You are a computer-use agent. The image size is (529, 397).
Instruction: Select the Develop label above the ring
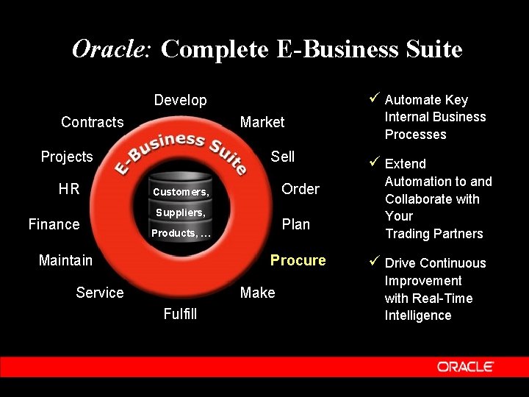point(180,100)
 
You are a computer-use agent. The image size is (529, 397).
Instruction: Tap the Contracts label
point(92,122)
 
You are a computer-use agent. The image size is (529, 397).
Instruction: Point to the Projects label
point(67,157)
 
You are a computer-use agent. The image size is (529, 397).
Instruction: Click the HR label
point(69,189)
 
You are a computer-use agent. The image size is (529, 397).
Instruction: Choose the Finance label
point(54,224)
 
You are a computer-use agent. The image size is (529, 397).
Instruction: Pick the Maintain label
point(65,260)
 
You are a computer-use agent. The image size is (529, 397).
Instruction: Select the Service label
point(100,293)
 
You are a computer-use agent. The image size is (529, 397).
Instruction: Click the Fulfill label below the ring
point(180,315)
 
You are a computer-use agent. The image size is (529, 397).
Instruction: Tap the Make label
point(257,293)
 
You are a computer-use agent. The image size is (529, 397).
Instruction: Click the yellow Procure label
point(298,260)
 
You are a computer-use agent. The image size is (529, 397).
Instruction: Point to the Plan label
point(296,224)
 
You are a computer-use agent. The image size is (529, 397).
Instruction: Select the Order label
point(301,189)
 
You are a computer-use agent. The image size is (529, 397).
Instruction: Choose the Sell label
point(282,157)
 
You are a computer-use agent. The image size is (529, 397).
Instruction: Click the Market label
point(262,122)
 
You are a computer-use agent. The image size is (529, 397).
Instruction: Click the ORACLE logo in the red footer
point(465,366)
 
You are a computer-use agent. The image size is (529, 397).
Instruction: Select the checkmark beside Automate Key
point(374,99)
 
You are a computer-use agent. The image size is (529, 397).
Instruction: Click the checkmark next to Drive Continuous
point(374,262)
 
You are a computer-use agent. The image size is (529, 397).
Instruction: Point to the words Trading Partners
point(433,234)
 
